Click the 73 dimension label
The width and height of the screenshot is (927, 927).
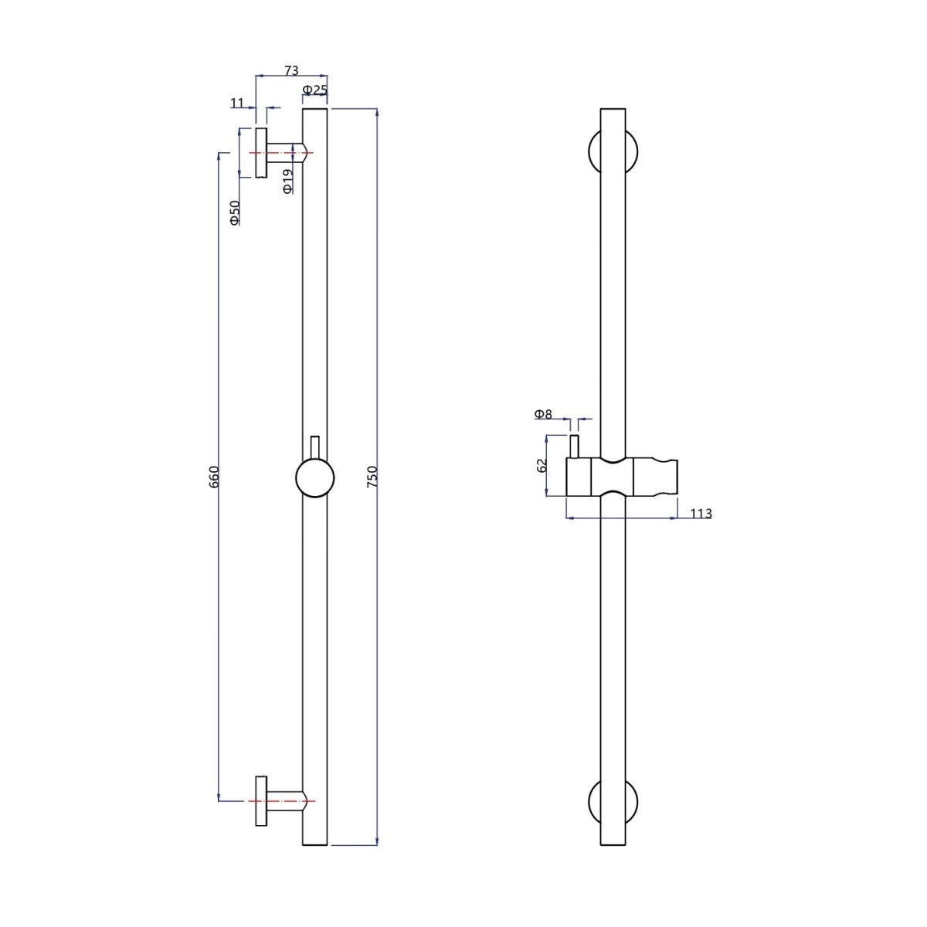(x=291, y=71)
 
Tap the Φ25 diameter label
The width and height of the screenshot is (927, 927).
(x=314, y=90)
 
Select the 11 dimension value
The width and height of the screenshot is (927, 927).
(x=237, y=103)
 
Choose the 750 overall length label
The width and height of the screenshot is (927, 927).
(x=372, y=476)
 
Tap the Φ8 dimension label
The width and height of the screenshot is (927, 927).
(x=543, y=414)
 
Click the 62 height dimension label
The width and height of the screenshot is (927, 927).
(x=542, y=465)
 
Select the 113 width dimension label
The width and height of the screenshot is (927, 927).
(x=701, y=513)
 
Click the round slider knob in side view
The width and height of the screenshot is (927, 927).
(x=314, y=478)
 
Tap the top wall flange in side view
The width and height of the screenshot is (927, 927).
(x=261, y=152)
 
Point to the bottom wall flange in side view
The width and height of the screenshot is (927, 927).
(x=261, y=800)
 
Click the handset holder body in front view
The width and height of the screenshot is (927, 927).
(x=623, y=477)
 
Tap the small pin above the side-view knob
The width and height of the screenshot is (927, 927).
(x=314, y=447)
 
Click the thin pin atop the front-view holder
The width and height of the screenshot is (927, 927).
(x=575, y=447)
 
